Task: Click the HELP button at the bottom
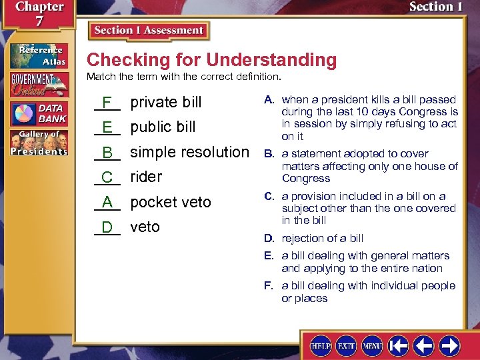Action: coord(320,346)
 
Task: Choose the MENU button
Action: coord(371,346)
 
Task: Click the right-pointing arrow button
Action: coord(449,346)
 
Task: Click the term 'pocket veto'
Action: coord(170,202)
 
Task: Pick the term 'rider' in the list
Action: coord(146,177)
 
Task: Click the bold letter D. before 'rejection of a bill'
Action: coord(269,239)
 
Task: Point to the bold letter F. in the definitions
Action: coord(269,286)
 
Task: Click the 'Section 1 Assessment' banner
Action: coord(149,31)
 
